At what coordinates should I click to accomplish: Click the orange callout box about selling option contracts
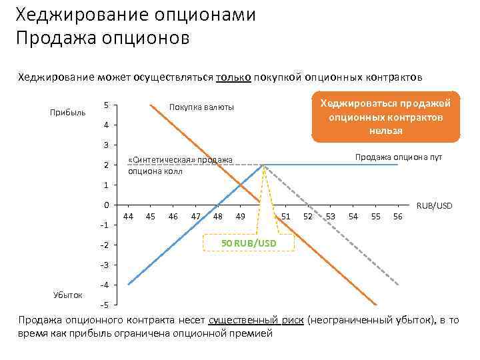click(386, 116)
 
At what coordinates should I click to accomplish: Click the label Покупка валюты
click(201, 107)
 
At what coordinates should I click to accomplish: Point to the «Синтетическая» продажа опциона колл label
click(180, 165)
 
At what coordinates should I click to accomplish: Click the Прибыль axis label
click(68, 112)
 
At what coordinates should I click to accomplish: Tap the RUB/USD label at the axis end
click(434, 205)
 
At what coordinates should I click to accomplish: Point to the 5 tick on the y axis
click(107, 105)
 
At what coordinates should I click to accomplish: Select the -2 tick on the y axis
click(105, 245)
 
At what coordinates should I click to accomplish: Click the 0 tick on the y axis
click(107, 205)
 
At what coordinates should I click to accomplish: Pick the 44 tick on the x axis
click(129, 216)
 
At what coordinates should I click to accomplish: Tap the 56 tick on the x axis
click(398, 216)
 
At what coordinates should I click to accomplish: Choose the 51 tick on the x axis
click(286, 216)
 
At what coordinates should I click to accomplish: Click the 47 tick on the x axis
click(196, 216)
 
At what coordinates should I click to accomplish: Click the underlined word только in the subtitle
click(233, 77)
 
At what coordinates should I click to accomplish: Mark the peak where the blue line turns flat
click(264, 165)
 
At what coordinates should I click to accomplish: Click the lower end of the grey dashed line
click(399, 285)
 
